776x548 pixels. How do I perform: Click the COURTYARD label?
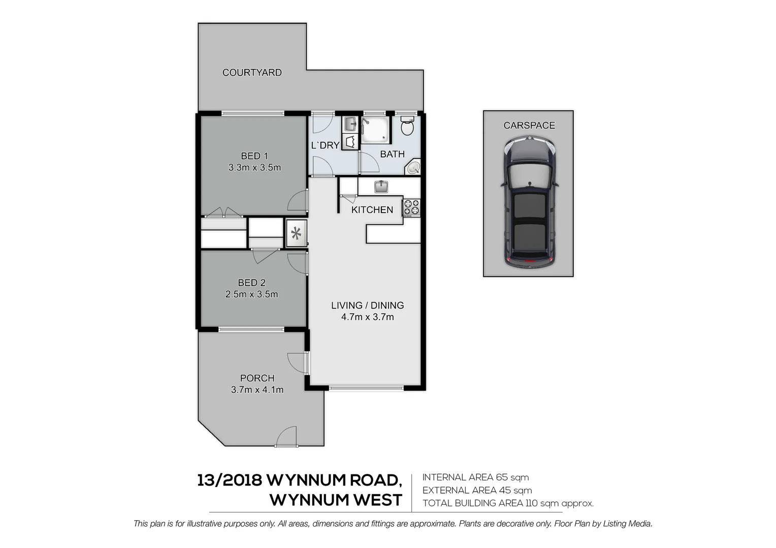click(x=252, y=73)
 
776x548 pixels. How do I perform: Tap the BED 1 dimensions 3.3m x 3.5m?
click(x=254, y=167)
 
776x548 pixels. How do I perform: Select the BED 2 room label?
click(x=252, y=283)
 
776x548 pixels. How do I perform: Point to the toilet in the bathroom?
click(x=407, y=126)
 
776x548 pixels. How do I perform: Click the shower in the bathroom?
click(x=375, y=130)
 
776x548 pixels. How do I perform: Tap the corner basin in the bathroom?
click(x=413, y=167)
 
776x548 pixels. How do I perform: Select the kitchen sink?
click(x=381, y=187)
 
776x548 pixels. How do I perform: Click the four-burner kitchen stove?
click(x=411, y=208)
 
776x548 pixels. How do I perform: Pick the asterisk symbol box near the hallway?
click(x=296, y=233)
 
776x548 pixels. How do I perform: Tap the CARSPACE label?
click(x=529, y=125)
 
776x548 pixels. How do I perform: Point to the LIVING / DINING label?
click(x=367, y=305)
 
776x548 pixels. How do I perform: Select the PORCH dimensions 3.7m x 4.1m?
click(x=257, y=390)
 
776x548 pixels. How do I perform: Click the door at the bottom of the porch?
click(x=286, y=437)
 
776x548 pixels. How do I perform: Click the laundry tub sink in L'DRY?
click(x=350, y=123)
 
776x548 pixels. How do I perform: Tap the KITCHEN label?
click(x=372, y=210)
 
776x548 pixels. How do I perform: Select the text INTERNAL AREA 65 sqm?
click(x=475, y=477)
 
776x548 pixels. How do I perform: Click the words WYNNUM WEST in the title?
click(x=336, y=500)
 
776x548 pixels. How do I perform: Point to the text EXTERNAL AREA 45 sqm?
click(x=477, y=490)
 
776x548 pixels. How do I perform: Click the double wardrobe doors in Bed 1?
click(x=223, y=213)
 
